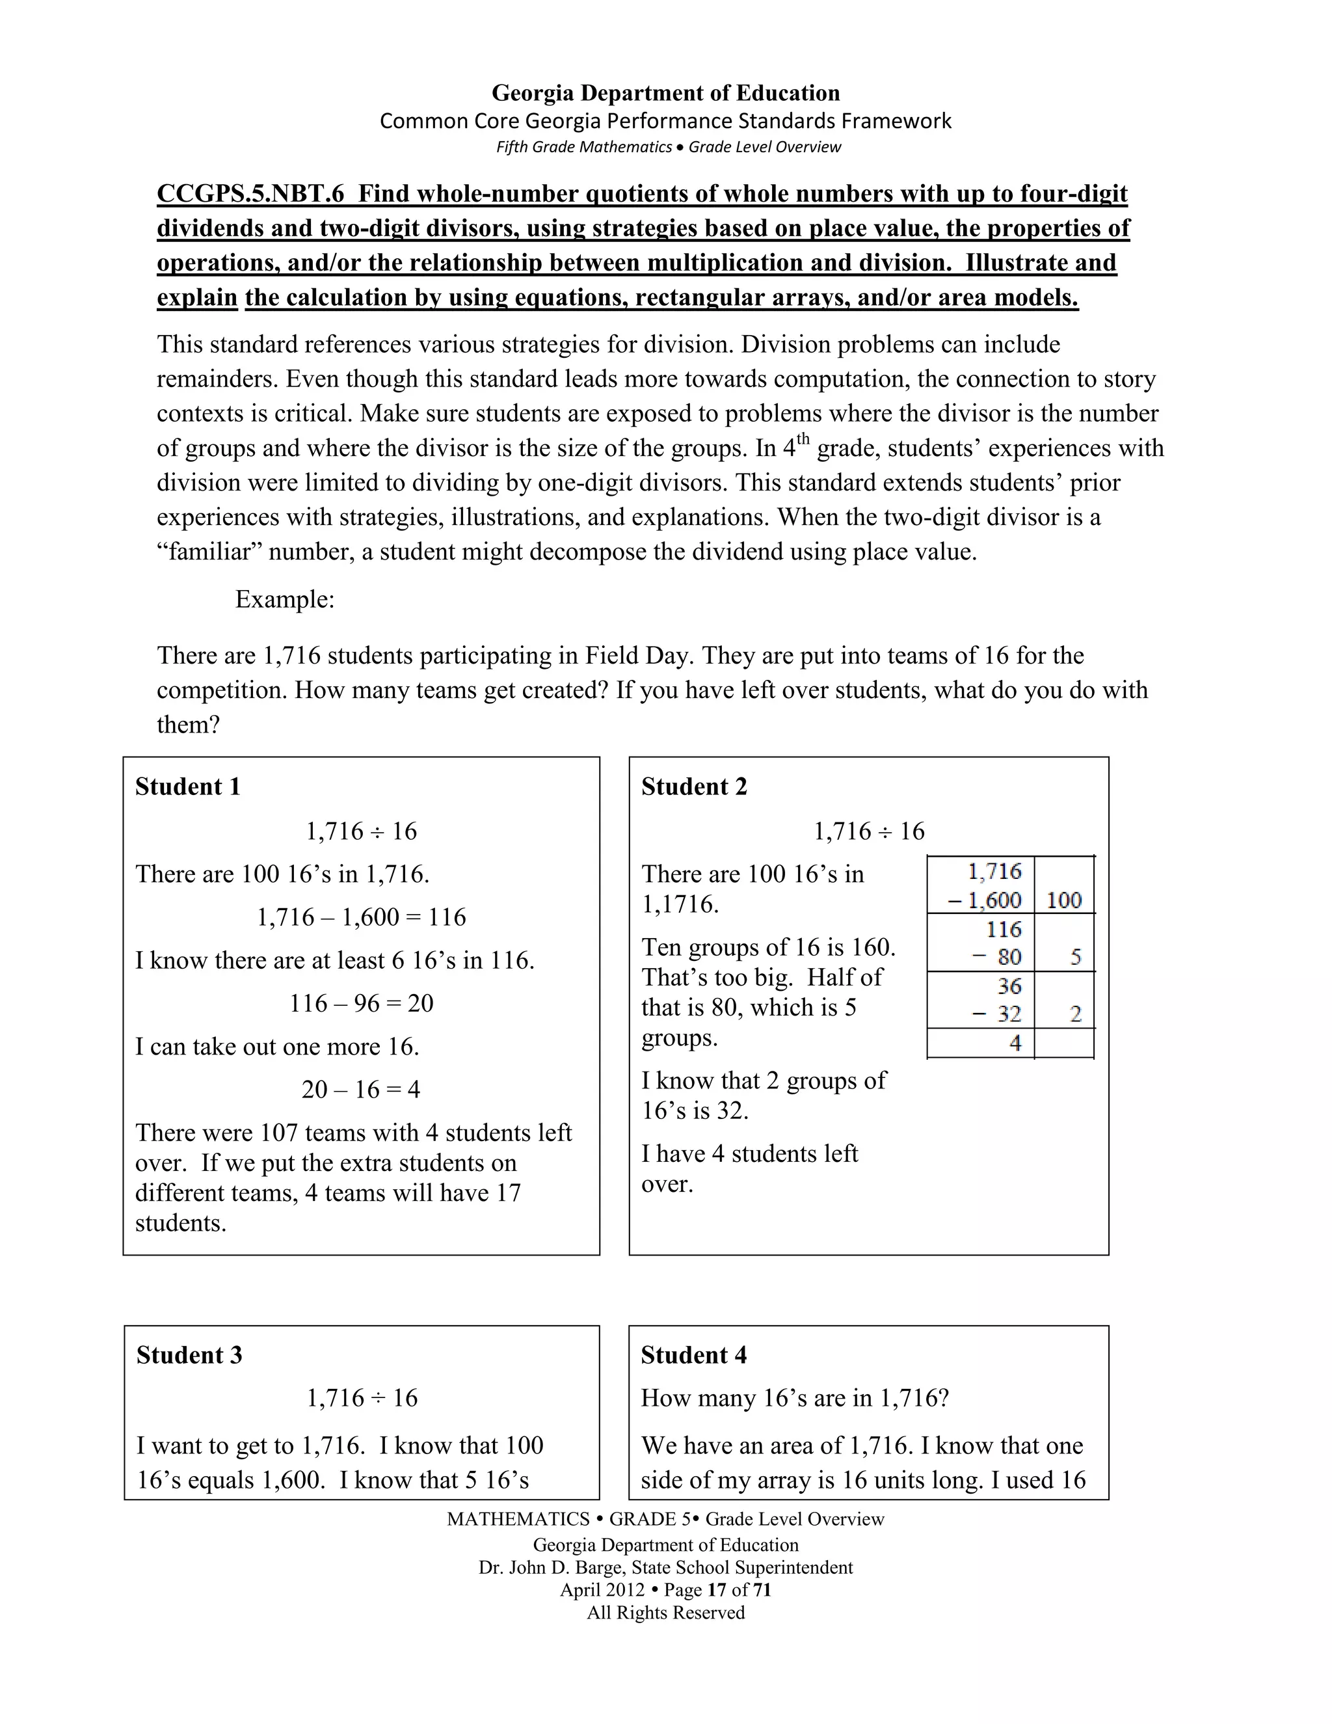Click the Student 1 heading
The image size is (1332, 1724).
tap(188, 787)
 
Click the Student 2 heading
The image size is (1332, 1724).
tap(693, 787)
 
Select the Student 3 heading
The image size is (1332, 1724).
tap(189, 1354)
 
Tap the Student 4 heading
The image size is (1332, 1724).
tap(693, 1354)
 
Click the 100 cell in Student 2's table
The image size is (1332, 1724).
tap(1063, 900)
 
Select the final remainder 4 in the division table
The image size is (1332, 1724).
tap(1015, 1043)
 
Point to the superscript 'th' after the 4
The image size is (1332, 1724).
tap(803, 439)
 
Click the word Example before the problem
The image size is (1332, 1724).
tap(284, 599)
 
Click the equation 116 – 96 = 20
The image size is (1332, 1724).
tap(362, 1003)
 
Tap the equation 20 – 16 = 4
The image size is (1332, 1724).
tap(362, 1089)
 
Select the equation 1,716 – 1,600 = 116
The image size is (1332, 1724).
tap(362, 917)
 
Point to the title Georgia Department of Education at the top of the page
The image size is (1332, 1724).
tap(666, 93)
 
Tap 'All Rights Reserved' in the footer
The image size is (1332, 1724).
tap(666, 1612)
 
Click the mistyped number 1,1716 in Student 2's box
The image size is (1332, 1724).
tap(680, 904)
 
